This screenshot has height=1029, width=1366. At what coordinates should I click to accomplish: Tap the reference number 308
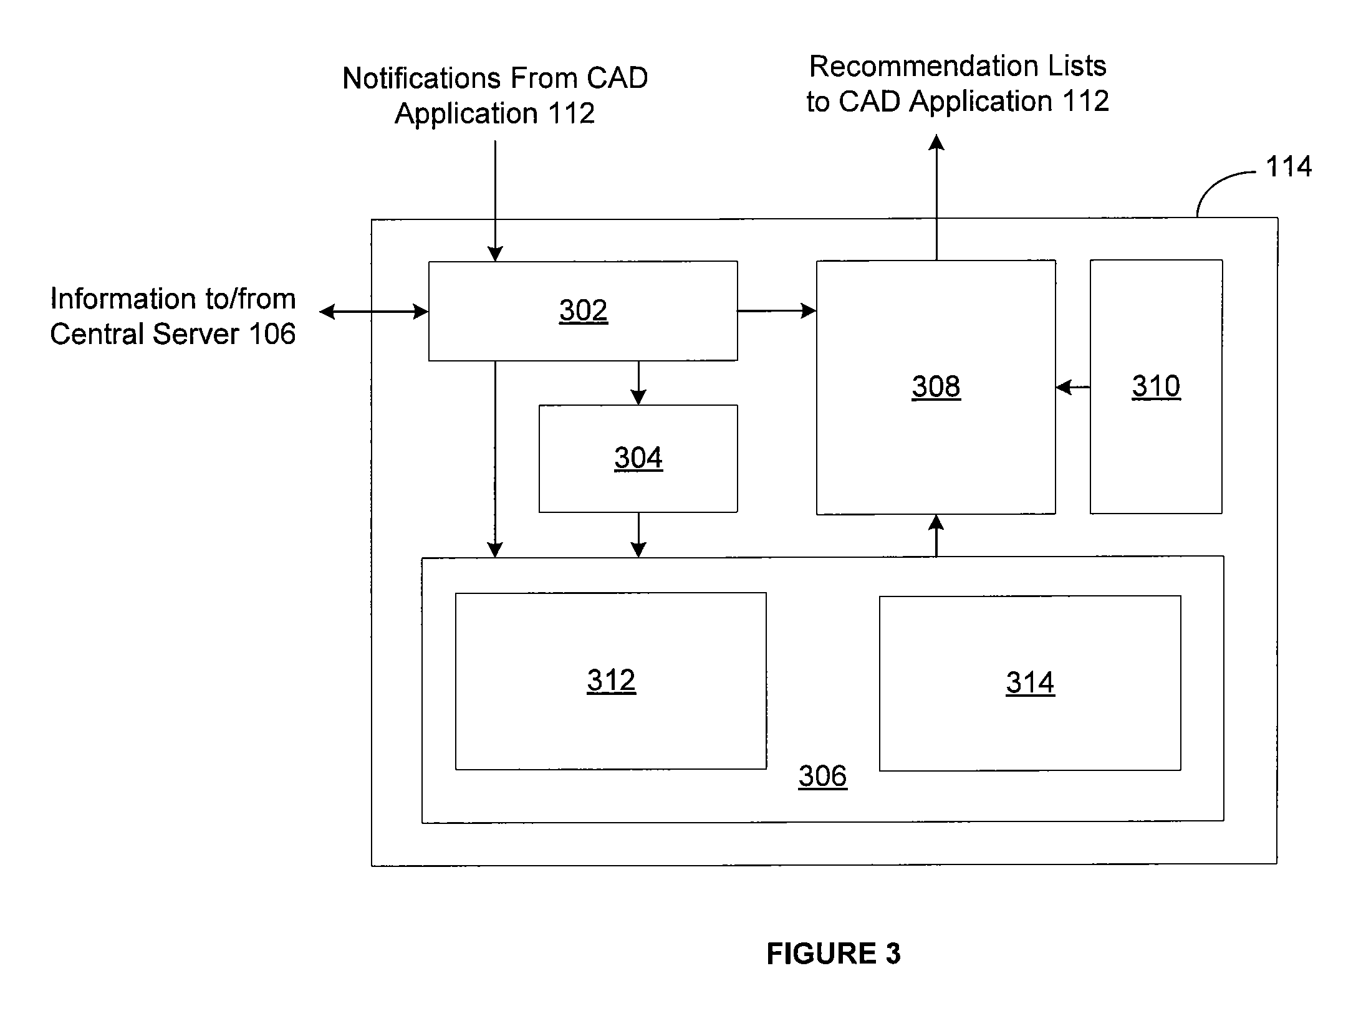tap(936, 386)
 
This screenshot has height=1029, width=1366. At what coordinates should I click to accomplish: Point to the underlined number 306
tap(822, 777)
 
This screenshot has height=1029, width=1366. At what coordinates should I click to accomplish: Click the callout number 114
tap(1289, 167)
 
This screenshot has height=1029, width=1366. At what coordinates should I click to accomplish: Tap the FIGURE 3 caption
tap(834, 953)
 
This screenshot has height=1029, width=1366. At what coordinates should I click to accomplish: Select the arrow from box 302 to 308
tap(777, 310)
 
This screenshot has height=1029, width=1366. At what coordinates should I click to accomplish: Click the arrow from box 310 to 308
tap(1073, 387)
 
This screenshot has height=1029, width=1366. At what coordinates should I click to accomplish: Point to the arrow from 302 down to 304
tap(638, 383)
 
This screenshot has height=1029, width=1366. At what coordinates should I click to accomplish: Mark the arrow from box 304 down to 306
tap(638, 535)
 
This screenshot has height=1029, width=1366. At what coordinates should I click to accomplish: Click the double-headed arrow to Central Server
tap(374, 311)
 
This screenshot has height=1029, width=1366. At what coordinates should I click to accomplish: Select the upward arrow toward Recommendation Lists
tap(936, 197)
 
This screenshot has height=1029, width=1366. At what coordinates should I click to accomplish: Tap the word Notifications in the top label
tap(421, 79)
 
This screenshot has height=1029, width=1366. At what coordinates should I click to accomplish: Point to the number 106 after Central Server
tap(272, 334)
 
